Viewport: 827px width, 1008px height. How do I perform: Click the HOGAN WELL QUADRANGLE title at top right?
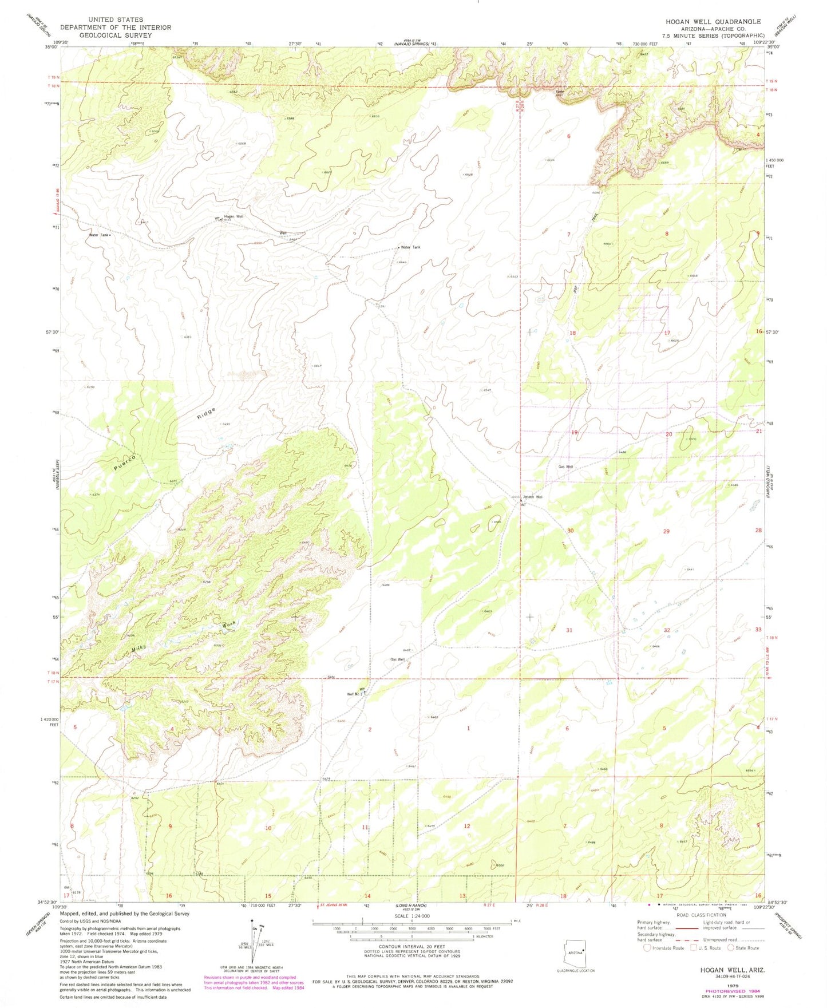[x=713, y=21]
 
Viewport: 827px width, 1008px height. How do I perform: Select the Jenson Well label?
[x=532, y=497]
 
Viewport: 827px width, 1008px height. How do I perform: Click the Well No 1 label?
[x=353, y=694]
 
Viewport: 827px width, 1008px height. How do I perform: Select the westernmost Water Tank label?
[x=98, y=235]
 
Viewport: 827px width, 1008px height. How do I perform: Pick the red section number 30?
[x=570, y=531]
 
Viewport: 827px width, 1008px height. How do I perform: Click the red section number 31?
[x=569, y=630]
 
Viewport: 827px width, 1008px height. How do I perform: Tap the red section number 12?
[x=467, y=826]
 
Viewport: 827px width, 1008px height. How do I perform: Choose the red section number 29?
[x=666, y=531]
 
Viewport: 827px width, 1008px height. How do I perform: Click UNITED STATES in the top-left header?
[x=116, y=19]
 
